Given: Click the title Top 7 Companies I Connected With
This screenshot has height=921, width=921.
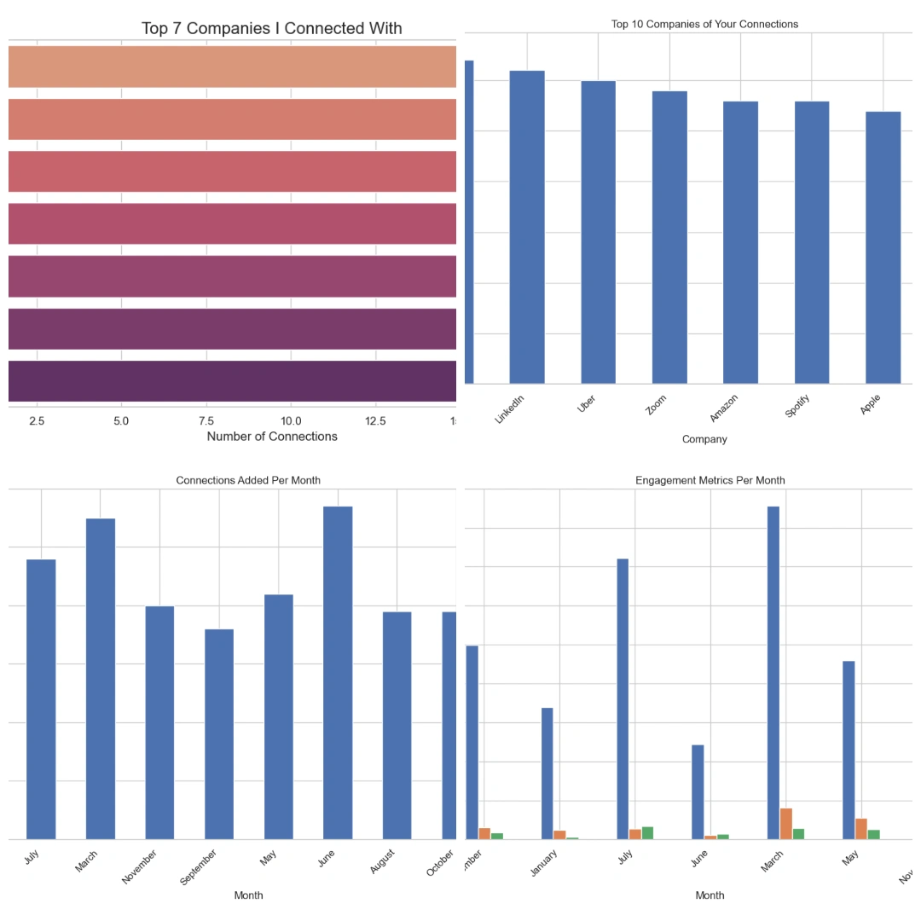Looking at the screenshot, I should pyautogui.click(x=271, y=28).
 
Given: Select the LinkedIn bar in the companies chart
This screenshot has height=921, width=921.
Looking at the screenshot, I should pyautogui.click(x=526, y=227).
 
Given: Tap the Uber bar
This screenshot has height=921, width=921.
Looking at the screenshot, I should pyautogui.click(x=598, y=232).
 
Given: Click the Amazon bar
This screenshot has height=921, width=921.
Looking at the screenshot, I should pyautogui.click(x=740, y=242).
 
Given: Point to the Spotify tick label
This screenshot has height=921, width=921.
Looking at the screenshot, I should pyautogui.click(x=797, y=407).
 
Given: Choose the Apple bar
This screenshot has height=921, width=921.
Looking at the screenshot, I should pyautogui.click(x=883, y=247).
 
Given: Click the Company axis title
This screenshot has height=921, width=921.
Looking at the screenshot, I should pyautogui.click(x=704, y=439).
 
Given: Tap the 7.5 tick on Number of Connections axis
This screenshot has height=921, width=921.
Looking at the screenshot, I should pyautogui.click(x=206, y=421).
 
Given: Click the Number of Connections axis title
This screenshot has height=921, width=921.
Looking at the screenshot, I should pyautogui.click(x=272, y=437).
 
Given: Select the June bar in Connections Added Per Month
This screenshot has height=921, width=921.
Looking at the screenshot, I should pyautogui.click(x=338, y=673).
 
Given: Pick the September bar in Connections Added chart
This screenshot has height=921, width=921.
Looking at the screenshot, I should pyautogui.click(x=219, y=734).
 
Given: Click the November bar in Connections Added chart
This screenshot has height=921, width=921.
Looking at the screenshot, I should pyautogui.click(x=159, y=722).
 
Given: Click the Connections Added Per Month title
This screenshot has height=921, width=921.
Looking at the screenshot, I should pyautogui.click(x=248, y=480).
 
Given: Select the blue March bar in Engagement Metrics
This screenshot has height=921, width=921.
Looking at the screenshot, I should pyautogui.click(x=773, y=673).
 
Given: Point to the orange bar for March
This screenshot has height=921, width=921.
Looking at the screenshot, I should pyautogui.click(x=785, y=824).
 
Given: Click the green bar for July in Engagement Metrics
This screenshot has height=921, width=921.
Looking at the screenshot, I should pyautogui.click(x=647, y=833).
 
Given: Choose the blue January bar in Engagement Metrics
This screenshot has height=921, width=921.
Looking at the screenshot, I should pyautogui.click(x=547, y=773).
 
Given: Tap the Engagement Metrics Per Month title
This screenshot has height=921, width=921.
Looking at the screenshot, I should pyautogui.click(x=710, y=480).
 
